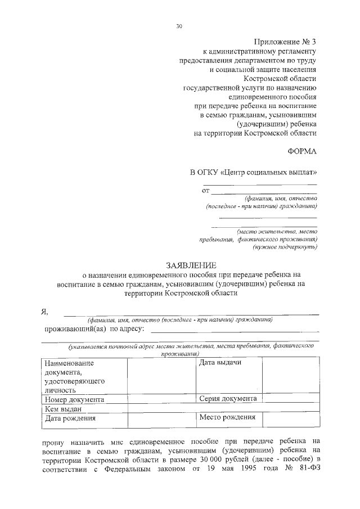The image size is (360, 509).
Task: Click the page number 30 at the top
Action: tap(179, 26)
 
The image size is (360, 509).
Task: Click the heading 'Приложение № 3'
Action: tap(286, 42)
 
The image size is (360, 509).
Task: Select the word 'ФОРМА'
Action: tap(303, 151)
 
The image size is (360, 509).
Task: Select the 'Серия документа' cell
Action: tap(228, 399)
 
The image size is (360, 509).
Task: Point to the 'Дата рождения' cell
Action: tap(71, 418)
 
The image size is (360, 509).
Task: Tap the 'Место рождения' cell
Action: tap(227, 417)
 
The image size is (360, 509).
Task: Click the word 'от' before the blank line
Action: tap(205, 191)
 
